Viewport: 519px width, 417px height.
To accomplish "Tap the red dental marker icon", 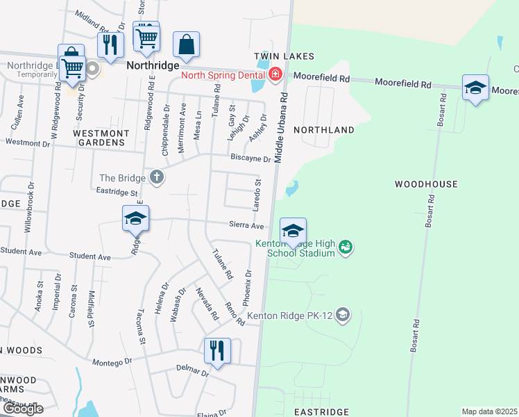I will (275, 74).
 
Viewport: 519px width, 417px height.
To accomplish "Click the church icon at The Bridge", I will (158, 177).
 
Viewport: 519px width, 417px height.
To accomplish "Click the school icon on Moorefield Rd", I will (475, 88).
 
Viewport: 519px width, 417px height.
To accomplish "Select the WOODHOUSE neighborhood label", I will (426, 184).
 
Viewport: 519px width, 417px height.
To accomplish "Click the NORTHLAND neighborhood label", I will (324, 130).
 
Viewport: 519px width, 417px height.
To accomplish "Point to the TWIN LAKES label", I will (284, 56).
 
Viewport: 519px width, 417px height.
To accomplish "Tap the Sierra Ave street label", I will (247, 225).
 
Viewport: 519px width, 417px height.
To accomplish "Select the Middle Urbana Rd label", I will (282, 125).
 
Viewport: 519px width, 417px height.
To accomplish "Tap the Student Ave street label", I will (90, 256).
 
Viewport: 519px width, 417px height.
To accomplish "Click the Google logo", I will (22, 409).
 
